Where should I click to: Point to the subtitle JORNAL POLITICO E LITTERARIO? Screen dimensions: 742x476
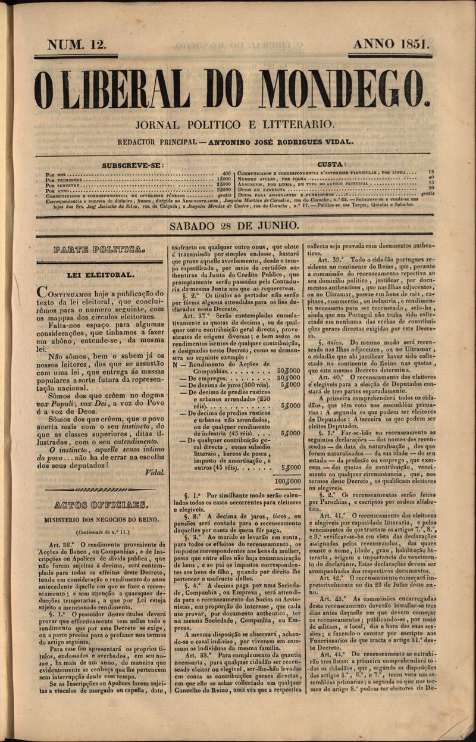point(234,125)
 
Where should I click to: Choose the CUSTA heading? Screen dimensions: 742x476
point(332,164)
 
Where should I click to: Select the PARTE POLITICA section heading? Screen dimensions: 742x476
point(98,251)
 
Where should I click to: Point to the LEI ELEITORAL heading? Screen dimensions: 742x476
point(101,275)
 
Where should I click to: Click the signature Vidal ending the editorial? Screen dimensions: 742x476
point(154,472)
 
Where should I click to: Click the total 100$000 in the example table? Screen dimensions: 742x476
point(287,481)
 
